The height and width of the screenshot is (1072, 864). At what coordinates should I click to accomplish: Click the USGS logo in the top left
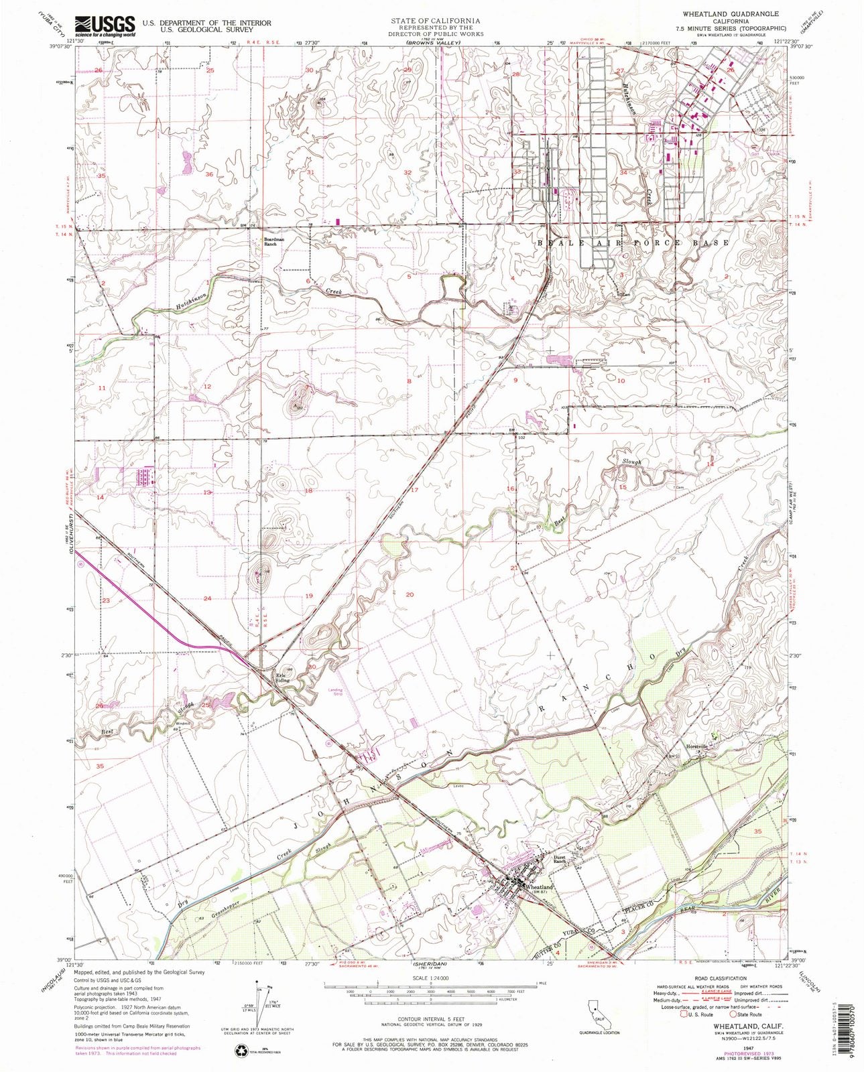105,26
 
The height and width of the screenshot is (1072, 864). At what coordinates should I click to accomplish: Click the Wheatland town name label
540,887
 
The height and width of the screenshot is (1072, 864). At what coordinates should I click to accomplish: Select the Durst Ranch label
560,860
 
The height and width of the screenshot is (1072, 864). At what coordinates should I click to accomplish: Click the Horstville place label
696,746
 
